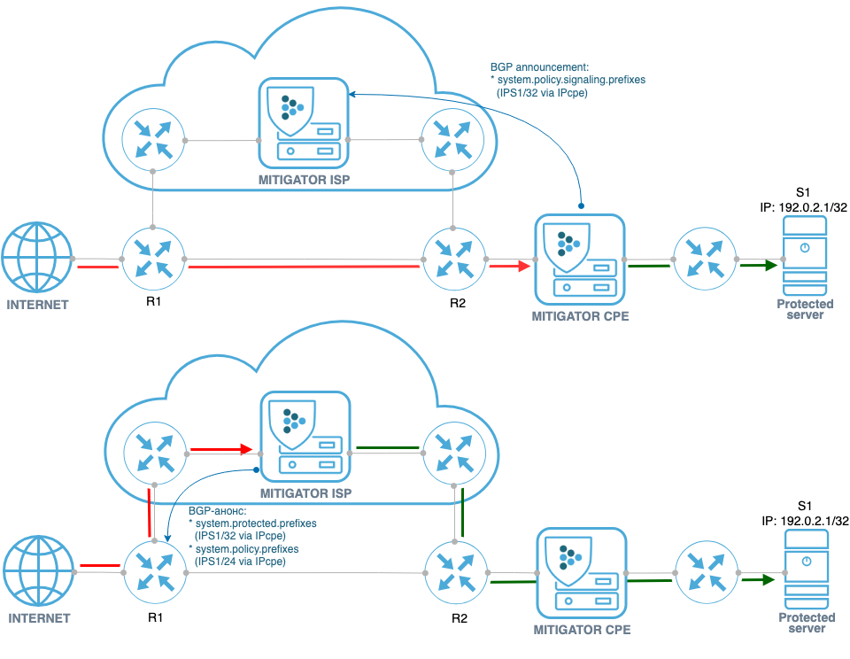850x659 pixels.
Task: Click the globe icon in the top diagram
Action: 37,258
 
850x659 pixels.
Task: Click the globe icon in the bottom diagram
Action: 37,571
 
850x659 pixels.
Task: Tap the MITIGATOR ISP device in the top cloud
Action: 301,123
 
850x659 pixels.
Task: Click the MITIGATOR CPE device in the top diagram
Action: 580,258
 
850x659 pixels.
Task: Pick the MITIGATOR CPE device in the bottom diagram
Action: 582,573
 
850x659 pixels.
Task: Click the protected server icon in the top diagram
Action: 804,258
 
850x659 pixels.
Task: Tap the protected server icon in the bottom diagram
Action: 807,571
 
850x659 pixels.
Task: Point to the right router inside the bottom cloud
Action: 453,453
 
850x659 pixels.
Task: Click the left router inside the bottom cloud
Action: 153,453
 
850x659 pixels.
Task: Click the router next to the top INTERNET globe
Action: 153,258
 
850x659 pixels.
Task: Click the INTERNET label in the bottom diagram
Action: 38,617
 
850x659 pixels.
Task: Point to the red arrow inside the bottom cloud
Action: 220,448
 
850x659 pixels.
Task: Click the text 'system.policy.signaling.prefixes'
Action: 571,79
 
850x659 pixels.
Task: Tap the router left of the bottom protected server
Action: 706,573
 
